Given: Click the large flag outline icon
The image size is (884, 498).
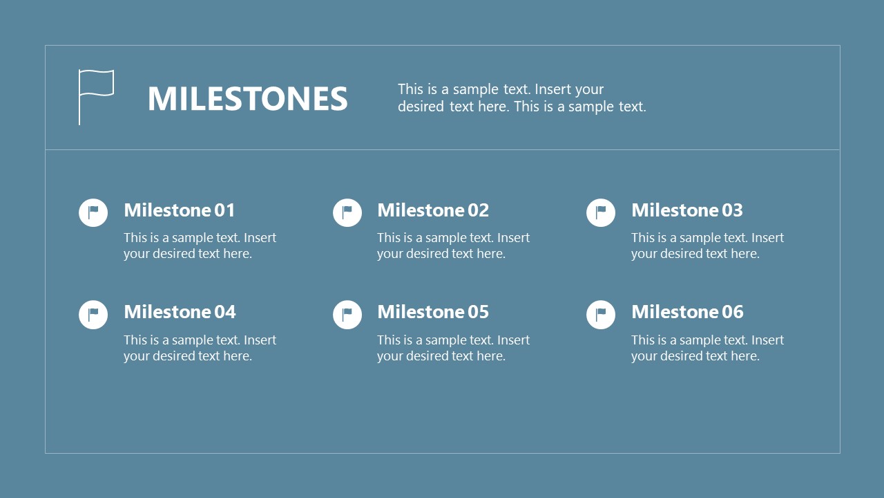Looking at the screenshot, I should point(95,96).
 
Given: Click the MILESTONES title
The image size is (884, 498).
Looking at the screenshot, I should point(247,98).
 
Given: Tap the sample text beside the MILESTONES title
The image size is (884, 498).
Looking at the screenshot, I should point(521,98).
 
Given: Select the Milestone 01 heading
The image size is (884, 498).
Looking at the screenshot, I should point(180,210).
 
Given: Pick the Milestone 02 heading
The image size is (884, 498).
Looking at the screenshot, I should point(433,210).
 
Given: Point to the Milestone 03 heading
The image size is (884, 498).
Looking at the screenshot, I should point(687,210).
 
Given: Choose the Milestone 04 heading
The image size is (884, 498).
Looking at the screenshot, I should point(180,312).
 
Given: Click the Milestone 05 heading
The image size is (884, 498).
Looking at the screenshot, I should point(433,312).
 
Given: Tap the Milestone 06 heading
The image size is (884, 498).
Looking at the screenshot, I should point(687,312).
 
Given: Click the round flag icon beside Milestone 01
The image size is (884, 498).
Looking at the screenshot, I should point(93,212).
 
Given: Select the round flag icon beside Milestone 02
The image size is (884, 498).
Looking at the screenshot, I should point(347,212).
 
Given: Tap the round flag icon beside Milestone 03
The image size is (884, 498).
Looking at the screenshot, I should point(601,212).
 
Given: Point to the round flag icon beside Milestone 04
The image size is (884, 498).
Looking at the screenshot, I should point(93,315).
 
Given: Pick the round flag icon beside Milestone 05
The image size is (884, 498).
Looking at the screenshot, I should point(347,315).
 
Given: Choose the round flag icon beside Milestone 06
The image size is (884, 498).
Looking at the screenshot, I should point(601,315).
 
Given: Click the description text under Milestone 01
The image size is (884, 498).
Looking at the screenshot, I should point(200,246).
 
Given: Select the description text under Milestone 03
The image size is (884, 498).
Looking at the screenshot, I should point(707,246).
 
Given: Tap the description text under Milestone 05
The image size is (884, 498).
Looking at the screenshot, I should point(453,348).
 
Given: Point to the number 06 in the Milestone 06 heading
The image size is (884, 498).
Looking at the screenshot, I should point(732,312).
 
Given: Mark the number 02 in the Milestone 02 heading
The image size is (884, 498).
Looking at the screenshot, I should point(478,210).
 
